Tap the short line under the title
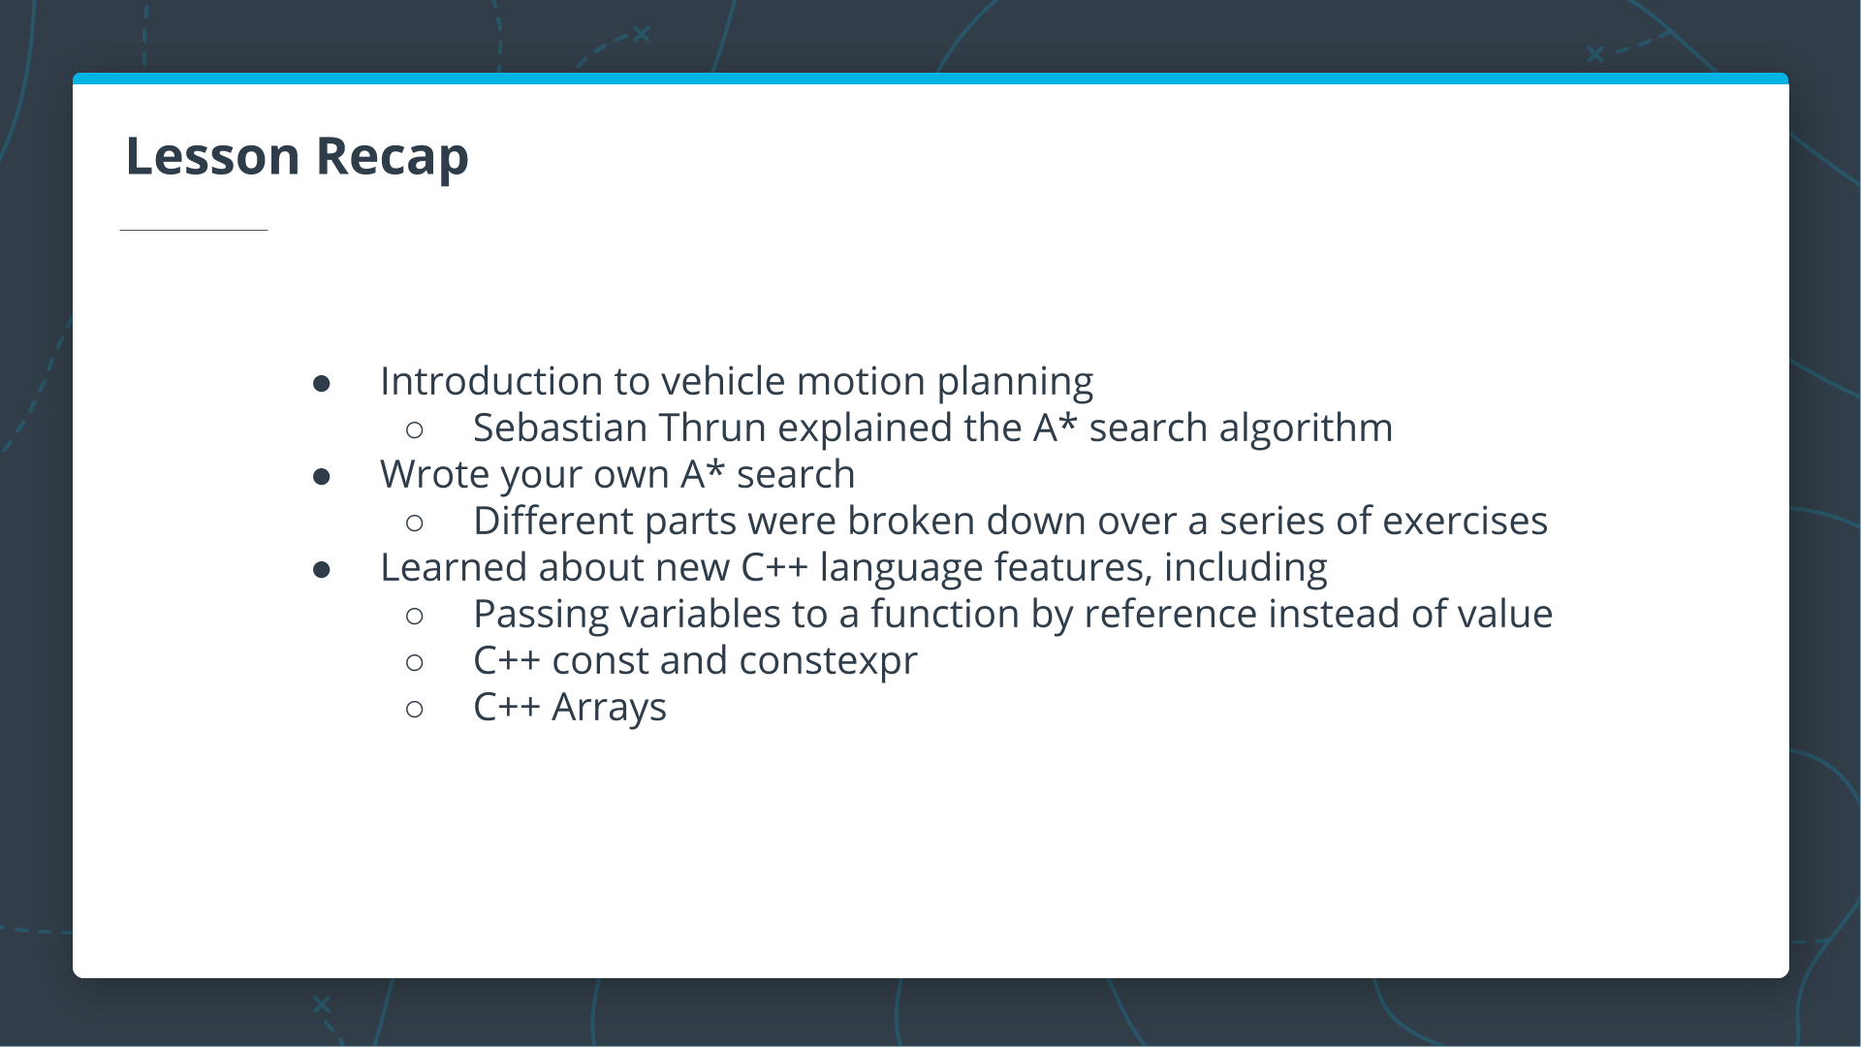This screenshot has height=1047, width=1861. coord(194,230)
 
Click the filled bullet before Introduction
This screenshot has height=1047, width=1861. coord(322,384)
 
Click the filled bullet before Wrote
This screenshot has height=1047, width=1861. coord(322,477)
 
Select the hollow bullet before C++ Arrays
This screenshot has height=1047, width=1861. coord(415,710)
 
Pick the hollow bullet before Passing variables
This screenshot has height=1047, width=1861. coord(415,617)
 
